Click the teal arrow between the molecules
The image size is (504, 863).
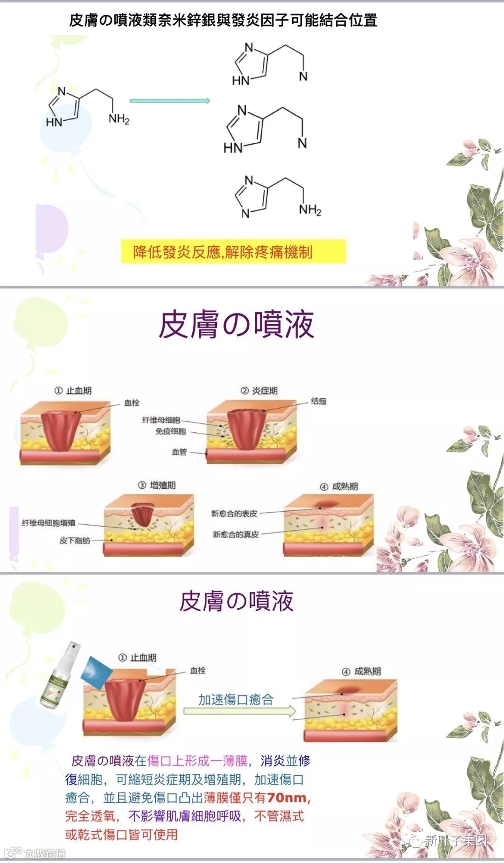(x=170, y=101)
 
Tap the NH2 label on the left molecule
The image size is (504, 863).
(x=119, y=119)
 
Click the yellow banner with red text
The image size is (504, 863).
(x=233, y=252)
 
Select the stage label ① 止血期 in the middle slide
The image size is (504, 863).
(x=73, y=390)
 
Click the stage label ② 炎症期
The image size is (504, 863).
(x=259, y=390)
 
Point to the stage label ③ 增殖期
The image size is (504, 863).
(x=157, y=485)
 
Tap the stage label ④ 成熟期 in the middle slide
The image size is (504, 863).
(x=339, y=487)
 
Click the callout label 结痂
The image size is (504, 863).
(x=319, y=401)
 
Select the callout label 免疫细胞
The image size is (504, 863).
(x=170, y=431)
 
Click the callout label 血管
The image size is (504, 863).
(x=179, y=452)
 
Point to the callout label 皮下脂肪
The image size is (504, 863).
(x=75, y=541)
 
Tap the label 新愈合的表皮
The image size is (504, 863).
(x=234, y=514)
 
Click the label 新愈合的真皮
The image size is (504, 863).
(x=236, y=534)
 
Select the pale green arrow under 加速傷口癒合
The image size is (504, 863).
(x=239, y=711)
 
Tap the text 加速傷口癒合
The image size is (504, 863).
(x=236, y=699)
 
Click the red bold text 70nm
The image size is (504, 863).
(x=287, y=798)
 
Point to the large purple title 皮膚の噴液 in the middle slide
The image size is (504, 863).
(x=236, y=325)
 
